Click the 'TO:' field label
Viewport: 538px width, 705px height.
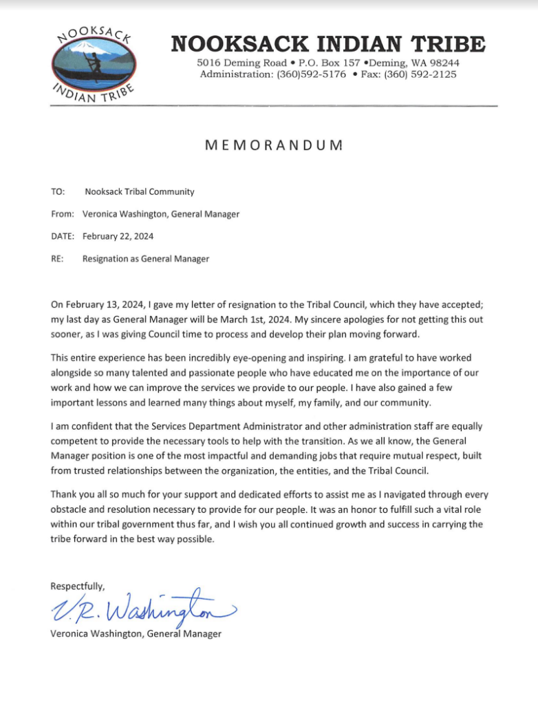pos(58,192)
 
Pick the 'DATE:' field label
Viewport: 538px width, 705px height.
pos(63,236)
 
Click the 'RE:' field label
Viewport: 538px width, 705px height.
pos(58,259)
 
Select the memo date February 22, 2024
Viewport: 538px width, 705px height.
pos(118,236)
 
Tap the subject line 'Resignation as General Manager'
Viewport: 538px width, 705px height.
pos(146,259)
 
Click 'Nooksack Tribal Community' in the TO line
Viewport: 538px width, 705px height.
pos(140,192)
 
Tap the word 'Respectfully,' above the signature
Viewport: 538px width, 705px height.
pos(78,586)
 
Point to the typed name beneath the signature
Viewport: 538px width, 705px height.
pos(136,634)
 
